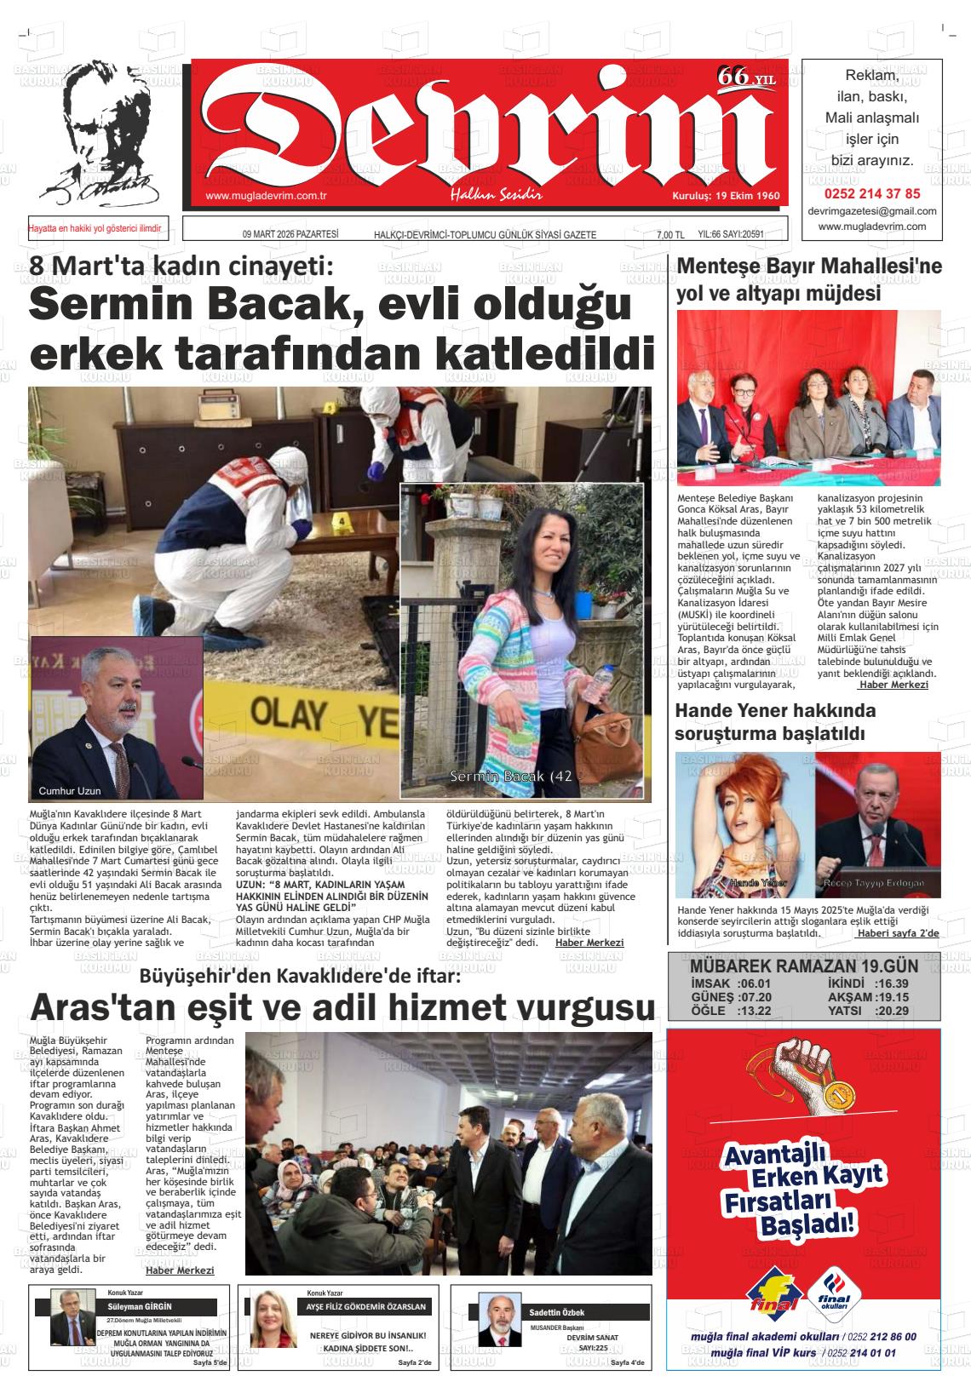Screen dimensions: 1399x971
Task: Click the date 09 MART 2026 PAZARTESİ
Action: tap(290, 235)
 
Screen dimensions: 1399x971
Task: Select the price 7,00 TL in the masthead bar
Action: tap(670, 235)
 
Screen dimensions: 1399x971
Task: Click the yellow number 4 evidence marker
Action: tap(342, 519)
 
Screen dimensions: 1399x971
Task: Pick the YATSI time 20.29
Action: tap(891, 1011)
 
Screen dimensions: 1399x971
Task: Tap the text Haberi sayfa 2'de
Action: tap(898, 933)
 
